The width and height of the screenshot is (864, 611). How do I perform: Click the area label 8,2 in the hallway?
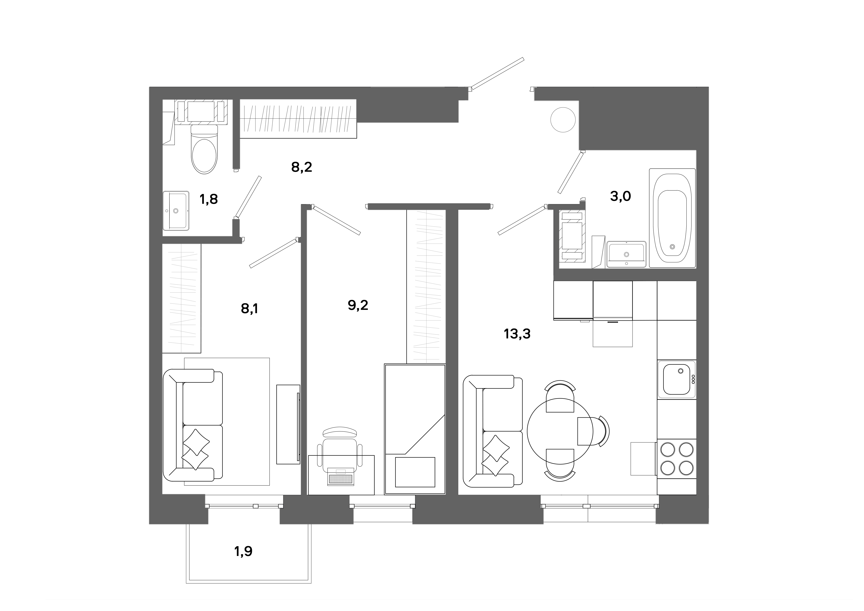point(301,167)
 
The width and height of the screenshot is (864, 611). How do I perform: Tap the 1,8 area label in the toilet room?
point(208,199)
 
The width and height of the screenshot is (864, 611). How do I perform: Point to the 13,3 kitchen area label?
point(517,333)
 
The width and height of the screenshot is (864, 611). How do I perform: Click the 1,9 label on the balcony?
point(243,552)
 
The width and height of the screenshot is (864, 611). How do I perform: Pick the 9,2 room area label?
point(358,305)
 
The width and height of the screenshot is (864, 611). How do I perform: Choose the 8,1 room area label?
point(250,309)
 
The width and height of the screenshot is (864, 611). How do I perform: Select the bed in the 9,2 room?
point(415,429)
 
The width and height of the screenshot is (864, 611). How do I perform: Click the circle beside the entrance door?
point(563,120)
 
